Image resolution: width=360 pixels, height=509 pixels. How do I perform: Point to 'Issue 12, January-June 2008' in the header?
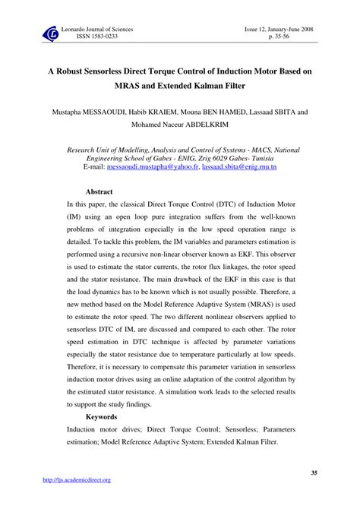276,27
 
